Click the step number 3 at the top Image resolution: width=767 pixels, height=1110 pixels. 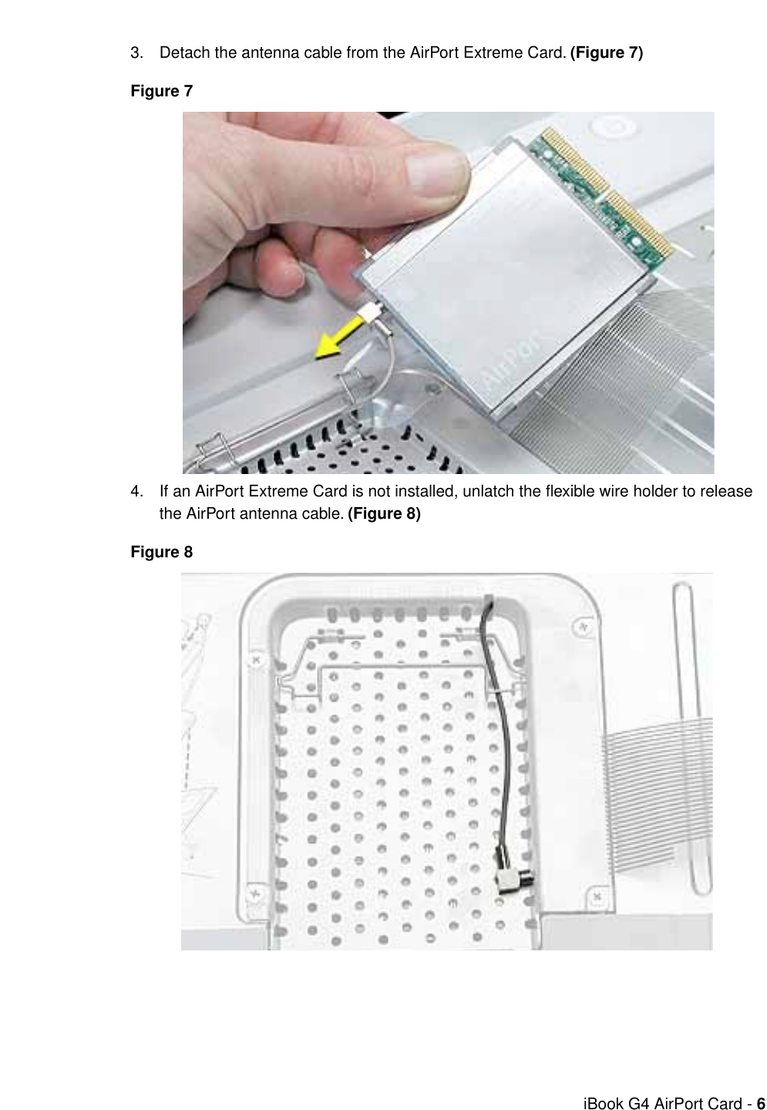tap(136, 53)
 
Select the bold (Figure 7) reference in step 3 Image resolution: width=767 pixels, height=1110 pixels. tap(606, 53)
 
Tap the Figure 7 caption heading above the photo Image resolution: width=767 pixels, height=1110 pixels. tap(161, 91)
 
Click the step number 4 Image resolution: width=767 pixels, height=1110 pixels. tap(136, 492)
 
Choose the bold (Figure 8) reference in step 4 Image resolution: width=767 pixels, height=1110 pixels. tap(384, 514)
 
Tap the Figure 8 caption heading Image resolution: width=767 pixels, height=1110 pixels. tap(161, 553)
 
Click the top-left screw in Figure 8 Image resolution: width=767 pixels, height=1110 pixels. tap(257, 661)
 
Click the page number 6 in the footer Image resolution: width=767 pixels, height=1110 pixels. tap(760, 1103)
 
